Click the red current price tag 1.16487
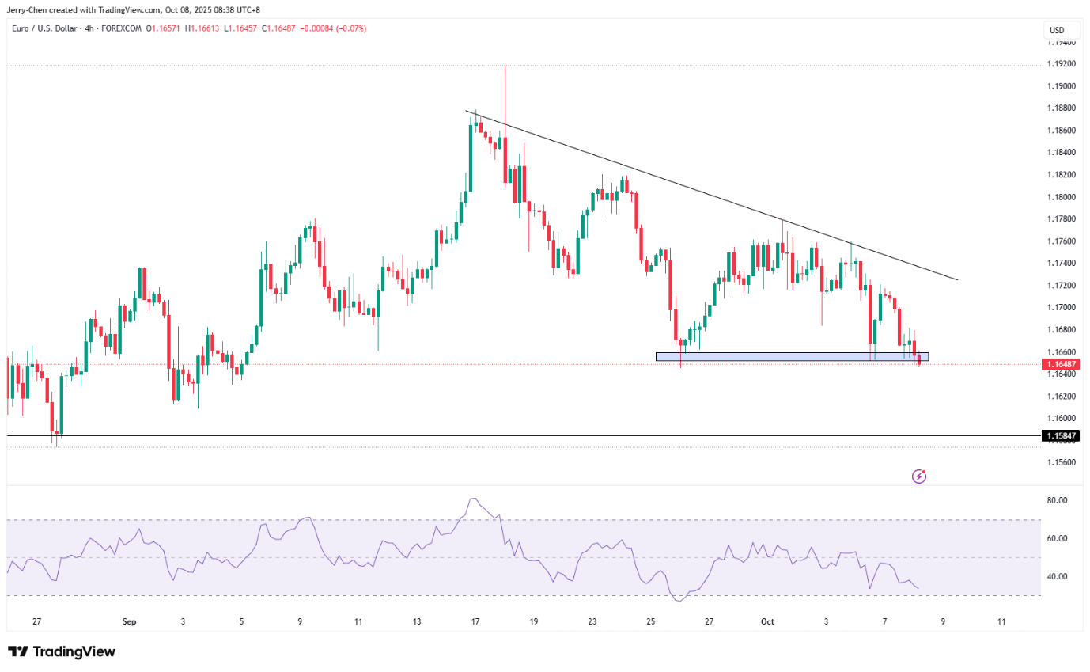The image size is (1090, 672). (1061, 364)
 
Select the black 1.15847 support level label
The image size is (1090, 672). (1061, 436)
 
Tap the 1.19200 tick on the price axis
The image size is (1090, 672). (1061, 64)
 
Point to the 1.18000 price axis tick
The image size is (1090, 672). (1061, 197)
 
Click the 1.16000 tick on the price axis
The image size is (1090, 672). (1061, 418)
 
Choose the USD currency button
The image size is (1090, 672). (1057, 31)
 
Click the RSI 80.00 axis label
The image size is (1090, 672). (1058, 500)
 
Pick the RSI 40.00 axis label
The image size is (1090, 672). (1058, 576)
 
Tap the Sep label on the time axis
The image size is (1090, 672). (130, 622)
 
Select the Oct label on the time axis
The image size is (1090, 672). (766, 622)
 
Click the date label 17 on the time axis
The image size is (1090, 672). (475, 622)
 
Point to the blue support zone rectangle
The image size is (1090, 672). (791, 357)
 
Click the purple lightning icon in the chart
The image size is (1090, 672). (919, 476)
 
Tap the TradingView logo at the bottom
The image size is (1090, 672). (62, 651)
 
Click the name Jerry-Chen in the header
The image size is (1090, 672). (29, 10)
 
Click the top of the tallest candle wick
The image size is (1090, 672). (505, 66)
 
